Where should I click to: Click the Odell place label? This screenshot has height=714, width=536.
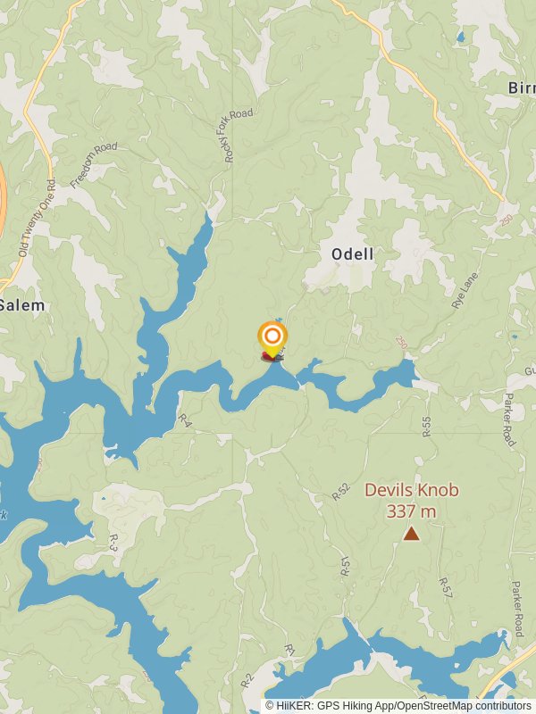(352, 254)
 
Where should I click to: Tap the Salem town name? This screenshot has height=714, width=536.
(21, 305)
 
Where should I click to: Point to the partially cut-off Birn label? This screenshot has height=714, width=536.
(522, 87)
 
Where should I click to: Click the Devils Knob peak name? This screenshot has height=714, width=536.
(411, 490)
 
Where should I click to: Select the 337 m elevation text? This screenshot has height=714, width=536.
(411, 511)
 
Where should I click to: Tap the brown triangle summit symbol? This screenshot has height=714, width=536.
(411, 534)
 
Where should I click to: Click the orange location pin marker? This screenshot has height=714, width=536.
(272, 337)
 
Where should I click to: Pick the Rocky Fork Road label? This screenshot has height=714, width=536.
(239, 136)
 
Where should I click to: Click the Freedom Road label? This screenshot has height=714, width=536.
(94, 163)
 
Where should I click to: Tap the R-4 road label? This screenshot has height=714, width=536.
(185, 419)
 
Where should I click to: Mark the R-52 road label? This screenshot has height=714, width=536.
(339, 491)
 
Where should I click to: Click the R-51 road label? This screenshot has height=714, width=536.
(346, 566)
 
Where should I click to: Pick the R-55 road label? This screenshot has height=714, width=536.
(426, 427)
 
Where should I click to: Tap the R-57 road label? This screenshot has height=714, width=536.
(443, 586)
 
